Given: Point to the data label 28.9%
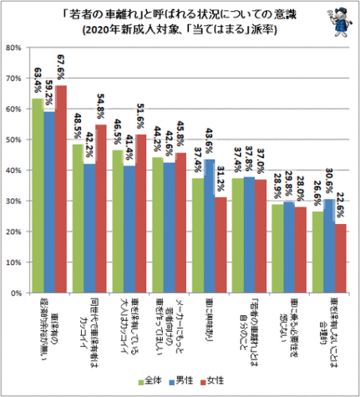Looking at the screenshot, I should point(275,187).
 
